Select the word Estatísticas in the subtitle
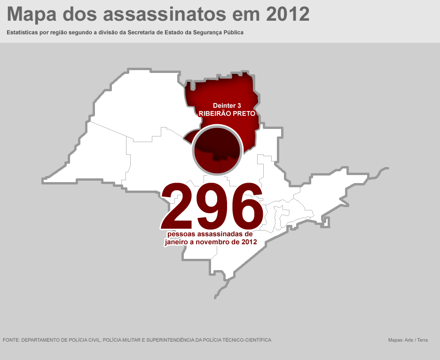tap(24, 33)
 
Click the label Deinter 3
tap(227, 105)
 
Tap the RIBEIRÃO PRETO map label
tap(227, 114)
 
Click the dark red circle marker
tap(217, 150)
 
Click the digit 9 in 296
tap(212, 206)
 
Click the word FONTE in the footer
tap(11, 340)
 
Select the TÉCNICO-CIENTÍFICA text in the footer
tap(247, 340)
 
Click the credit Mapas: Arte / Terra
tap(408, 340)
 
